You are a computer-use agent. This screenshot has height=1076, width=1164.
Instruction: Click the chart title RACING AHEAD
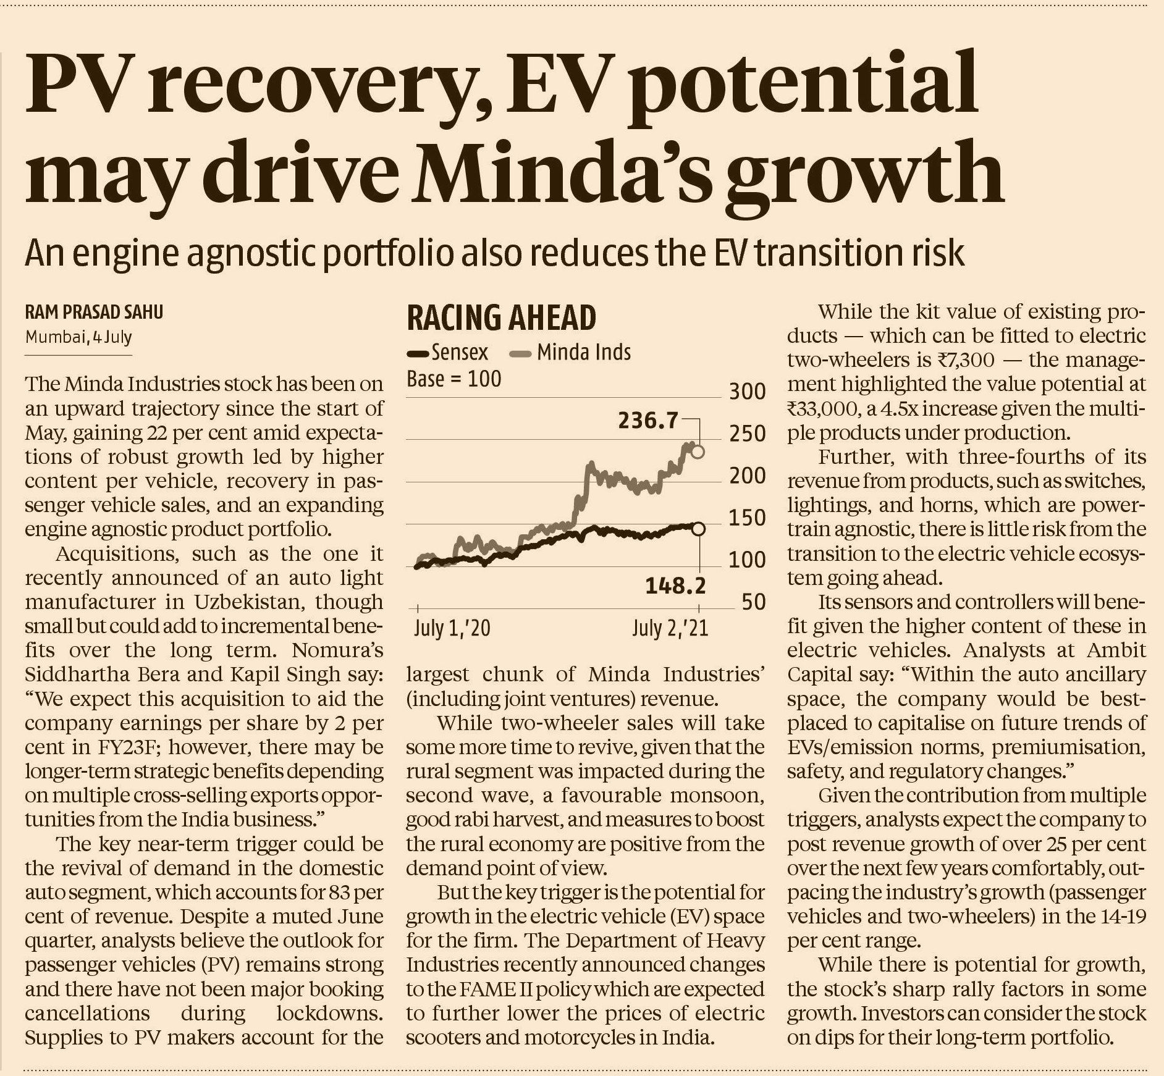tap(501, 317)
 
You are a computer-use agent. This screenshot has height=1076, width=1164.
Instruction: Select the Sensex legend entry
tap(447, 353)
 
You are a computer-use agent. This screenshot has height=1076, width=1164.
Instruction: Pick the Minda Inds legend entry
tap(570, 353)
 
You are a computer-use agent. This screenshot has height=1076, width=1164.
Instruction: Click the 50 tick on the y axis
tap(753, 602)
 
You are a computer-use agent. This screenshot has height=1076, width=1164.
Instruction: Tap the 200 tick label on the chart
tap(746, 476)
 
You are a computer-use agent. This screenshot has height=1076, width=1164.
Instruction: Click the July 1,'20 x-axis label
tap(452, 629)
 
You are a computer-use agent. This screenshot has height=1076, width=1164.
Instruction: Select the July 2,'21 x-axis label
tap(670, 629)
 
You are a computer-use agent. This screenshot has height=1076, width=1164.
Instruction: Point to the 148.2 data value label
tap(675, 585)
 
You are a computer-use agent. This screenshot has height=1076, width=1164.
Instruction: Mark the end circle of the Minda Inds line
tap(698, 452)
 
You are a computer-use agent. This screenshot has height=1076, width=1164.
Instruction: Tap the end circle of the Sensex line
tap(698, 529)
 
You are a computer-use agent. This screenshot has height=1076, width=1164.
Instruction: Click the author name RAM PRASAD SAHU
tap(94, 312)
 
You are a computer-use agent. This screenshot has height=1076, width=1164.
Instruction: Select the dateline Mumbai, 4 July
tap(78, 338)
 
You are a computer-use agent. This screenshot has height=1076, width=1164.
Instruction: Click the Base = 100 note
tap(453, 379)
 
